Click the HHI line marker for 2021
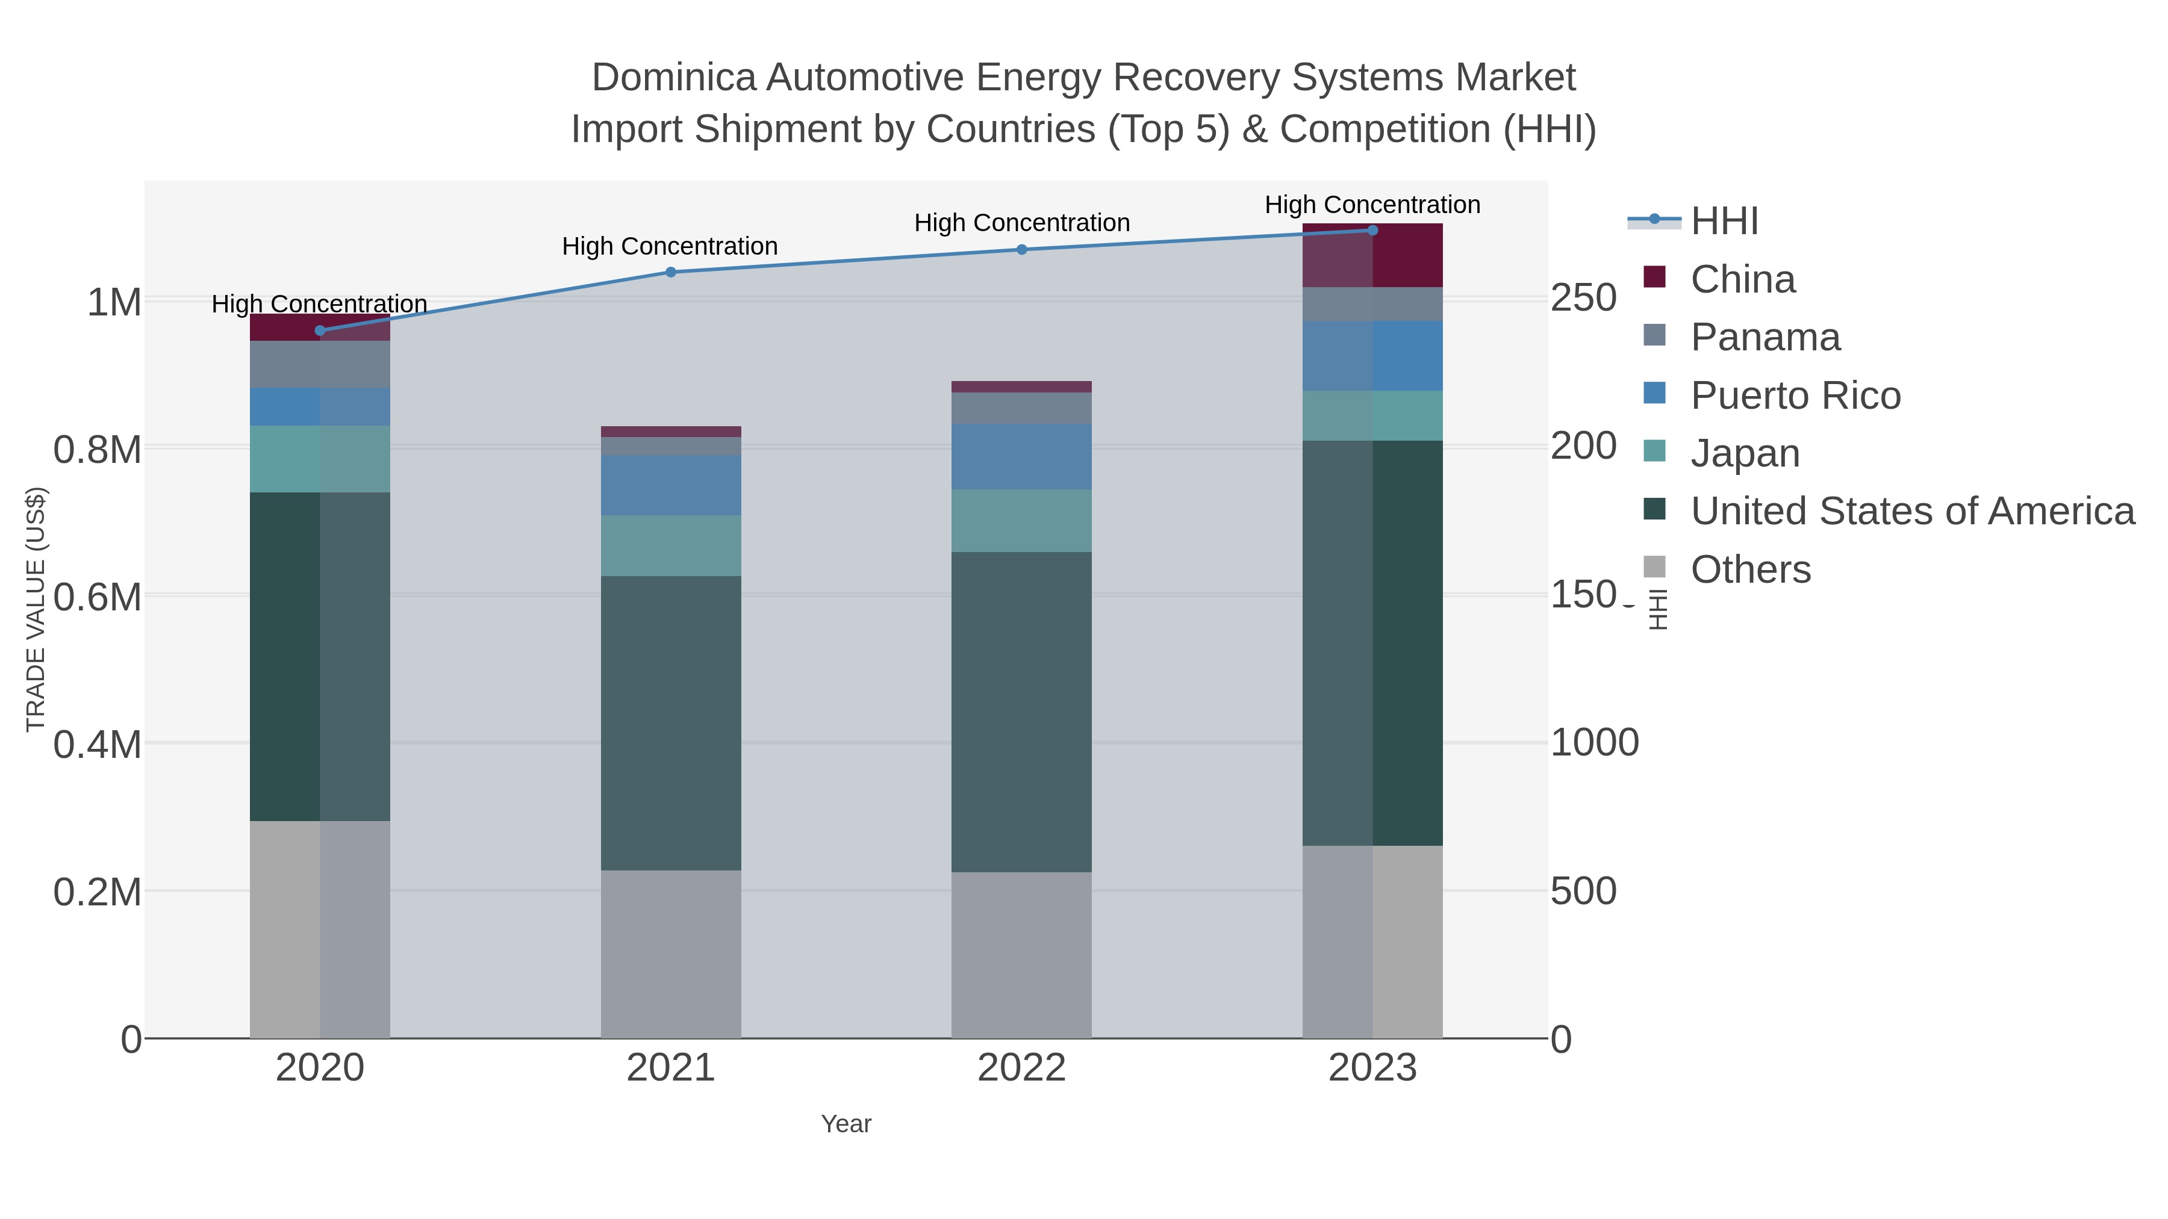(x=671, y=271)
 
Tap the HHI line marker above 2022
(x=1022, y=249)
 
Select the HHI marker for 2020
(x=320, y=330)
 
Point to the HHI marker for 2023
(x=1372, y=231)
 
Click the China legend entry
(x=1742, y=279)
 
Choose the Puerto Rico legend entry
(x=1795, y=395)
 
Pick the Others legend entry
(x=1751, y=569)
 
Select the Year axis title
(x=846, y=1124)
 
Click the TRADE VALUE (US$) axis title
(x=36, y=609)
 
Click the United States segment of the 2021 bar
(x=671, y=724)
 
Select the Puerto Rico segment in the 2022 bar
(x=1022, y=457)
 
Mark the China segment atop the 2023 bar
(x=1372, y=256)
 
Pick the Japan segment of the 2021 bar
(x=671, y=546)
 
